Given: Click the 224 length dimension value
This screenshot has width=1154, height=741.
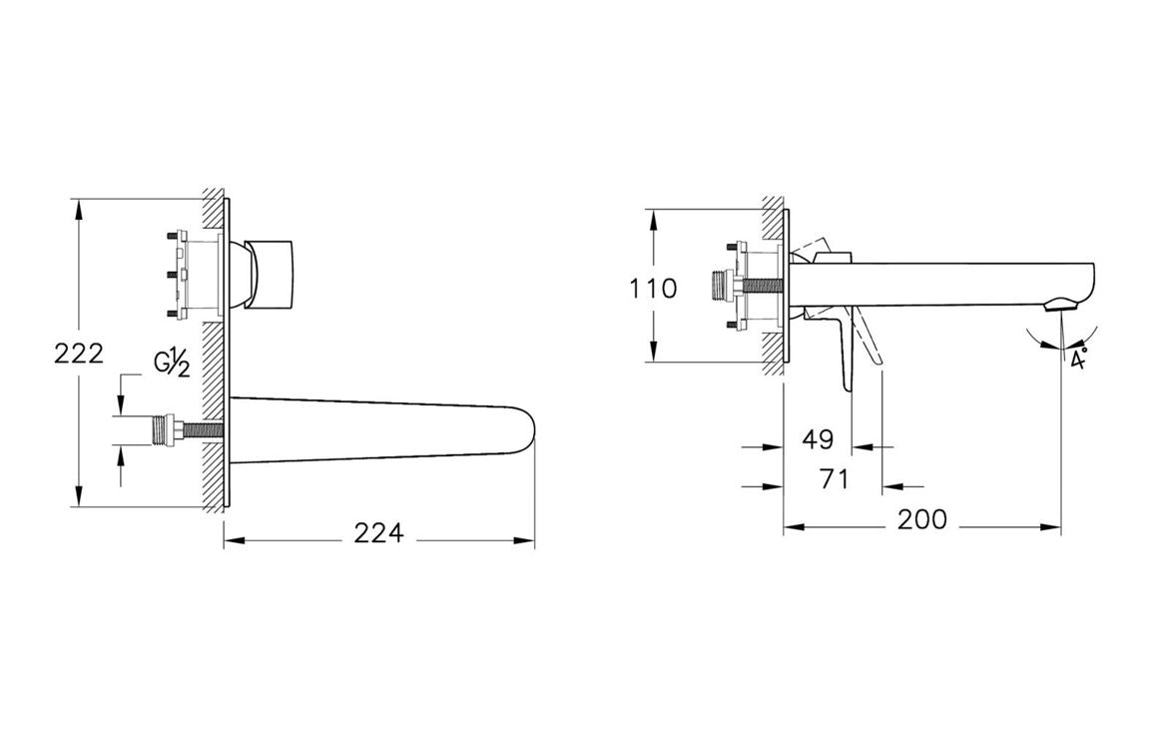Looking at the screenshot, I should coord(378,534).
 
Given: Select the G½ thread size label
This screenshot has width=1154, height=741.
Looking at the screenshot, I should coord(172,363).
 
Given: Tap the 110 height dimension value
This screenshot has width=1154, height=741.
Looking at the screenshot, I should coord(653,290).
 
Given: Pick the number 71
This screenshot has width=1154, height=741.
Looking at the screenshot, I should coord(833,479).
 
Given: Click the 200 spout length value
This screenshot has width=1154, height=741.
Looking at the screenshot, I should coord(921,520).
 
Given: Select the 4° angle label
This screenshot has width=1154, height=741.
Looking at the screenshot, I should coord(1078,360).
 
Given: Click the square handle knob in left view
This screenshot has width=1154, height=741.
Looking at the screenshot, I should coord(275,274).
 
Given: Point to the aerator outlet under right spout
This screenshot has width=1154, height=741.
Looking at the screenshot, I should coord(1061,305).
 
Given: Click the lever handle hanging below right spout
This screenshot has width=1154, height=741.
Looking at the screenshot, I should coord(851,355).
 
